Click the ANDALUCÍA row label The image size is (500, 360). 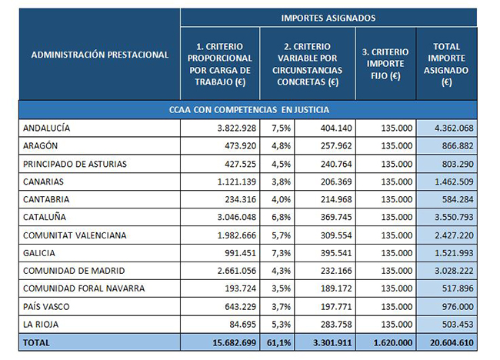point(47,128)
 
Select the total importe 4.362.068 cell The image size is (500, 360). point(454,128)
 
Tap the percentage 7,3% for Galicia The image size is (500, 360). point(281,253)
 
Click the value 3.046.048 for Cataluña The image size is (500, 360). point(237,217)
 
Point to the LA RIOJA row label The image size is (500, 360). point(41,325)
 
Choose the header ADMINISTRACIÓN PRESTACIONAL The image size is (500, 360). point(100,55)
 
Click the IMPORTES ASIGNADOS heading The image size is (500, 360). point(328,18)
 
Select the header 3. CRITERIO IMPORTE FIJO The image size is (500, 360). point(385,64)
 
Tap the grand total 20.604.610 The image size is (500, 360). point(452,343)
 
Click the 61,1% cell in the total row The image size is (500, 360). point(278,343)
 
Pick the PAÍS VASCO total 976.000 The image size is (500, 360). point(458,307)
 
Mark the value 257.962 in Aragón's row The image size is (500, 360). point(336,145)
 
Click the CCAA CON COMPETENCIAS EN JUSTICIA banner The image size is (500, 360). point(248,110)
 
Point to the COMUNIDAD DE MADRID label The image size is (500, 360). point(74,271)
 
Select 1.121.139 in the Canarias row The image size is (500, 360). point(237,182)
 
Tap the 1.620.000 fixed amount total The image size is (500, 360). point(393,343)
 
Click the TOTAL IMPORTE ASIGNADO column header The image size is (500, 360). point(446,64)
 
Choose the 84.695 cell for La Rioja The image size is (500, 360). point(242,325)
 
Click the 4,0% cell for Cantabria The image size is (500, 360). point(281,199)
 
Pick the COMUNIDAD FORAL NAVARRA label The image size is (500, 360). point(84,288)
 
